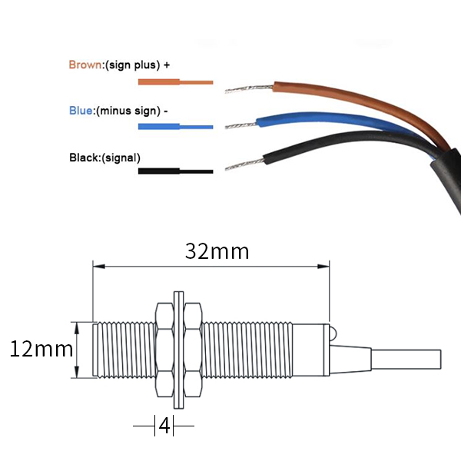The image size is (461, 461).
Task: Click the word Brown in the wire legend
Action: coord(85,65)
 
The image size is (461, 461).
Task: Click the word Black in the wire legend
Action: coord(84,158)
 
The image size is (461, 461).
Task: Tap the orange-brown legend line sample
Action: coord(175,81)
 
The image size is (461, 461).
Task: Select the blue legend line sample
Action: coord(175,126)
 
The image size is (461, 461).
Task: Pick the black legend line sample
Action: coord(175,171)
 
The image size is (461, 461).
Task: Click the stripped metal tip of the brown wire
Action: coord(247,90)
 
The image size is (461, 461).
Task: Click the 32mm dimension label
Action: coord(217,251)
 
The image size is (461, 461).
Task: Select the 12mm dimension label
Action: coord(40,350)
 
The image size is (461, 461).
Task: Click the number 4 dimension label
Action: coord(164,425)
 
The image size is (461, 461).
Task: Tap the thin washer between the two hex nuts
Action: coord(179,350)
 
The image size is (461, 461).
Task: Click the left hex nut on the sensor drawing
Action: coord(164,350)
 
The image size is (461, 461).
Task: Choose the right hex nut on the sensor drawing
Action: coord(194,350)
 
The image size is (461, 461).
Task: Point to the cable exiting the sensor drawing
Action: coord(407,359)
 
